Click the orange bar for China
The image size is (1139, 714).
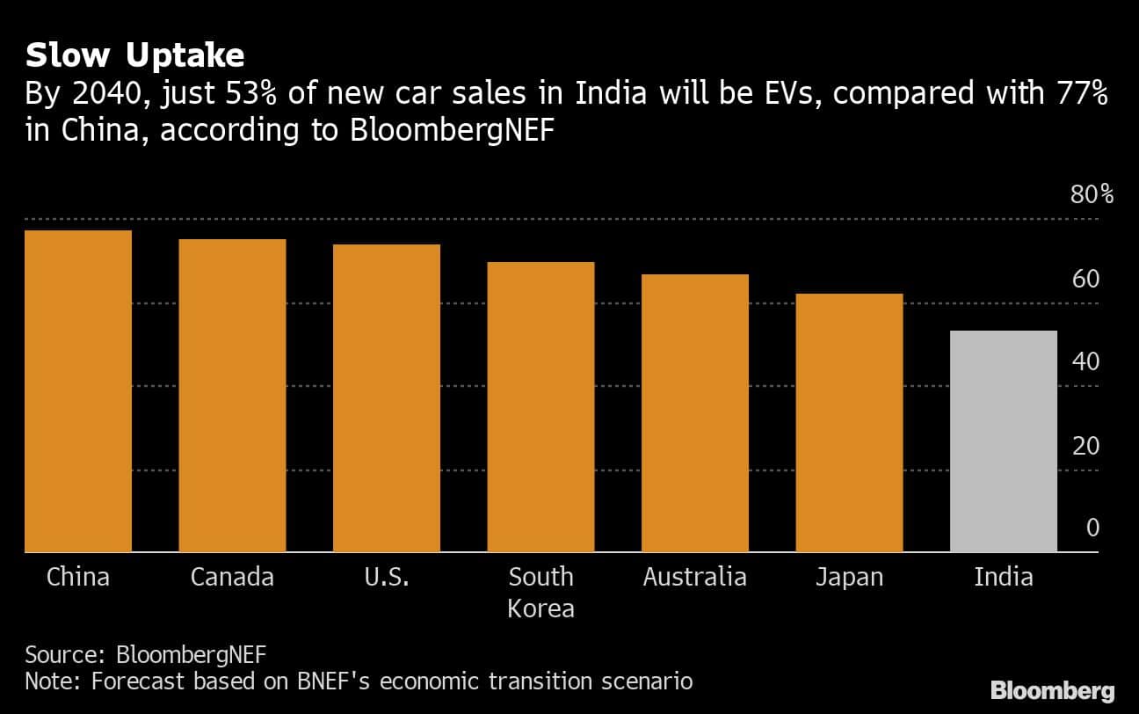click(x=78, y=391)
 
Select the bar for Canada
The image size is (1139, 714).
click(x=232, y=396)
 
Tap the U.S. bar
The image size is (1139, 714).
click(x=387, y=398)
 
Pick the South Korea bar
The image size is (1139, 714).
click(x=540, y=407)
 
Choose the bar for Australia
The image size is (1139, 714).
click(x=695, y=413)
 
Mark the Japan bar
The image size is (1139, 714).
click(x=849, y=423)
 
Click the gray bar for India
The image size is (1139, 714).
click(x=1003, y=441)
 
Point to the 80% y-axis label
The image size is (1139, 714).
click(x=1092, y=195)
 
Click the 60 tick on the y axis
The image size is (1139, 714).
click(x=1085, y=280)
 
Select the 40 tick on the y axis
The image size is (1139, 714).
click(x=1085, y=362)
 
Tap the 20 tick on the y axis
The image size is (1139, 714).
click(x=1085, y=447)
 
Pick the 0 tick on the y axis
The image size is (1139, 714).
click(x=1092, y=528)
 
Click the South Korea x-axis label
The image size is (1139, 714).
click(x=540, y=592)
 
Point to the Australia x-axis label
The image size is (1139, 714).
click(x=695, y=578)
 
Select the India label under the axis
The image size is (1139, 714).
click(x=1003, y=578)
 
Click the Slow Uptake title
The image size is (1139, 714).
click(x=134, y=56)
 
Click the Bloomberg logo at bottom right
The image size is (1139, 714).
click(x=1052, y=690)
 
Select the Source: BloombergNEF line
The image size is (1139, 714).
click(x=145, y=655)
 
